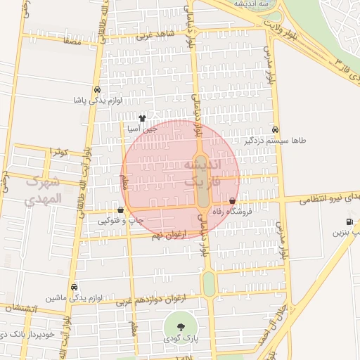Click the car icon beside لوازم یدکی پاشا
tap(96, 89)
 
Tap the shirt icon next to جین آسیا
tap(143, 118)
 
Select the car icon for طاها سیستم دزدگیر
tap(275, 129)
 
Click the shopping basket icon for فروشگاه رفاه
tap(233, 201)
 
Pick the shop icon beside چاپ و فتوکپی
tap(121, 210)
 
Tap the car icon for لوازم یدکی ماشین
tap(74, 287)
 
